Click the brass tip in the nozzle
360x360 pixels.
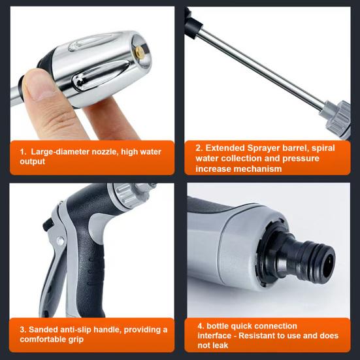139,52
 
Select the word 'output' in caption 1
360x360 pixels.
32,161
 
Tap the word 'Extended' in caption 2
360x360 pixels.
225,148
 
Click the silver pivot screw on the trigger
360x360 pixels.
60,240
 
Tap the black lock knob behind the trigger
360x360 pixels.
48,224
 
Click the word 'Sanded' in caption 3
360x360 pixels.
43,330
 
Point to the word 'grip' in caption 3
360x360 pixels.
76,340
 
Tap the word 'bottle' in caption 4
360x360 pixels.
218,326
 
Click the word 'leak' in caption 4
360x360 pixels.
220,346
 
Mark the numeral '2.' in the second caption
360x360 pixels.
199,148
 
